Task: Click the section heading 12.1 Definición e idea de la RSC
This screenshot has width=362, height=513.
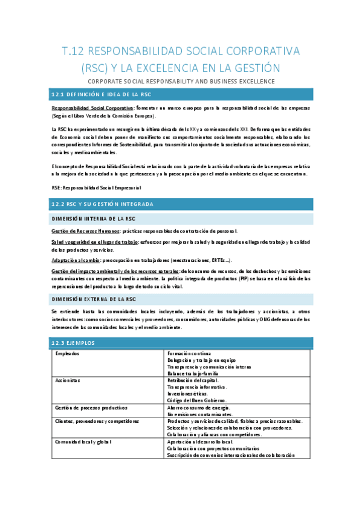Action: [102, 95]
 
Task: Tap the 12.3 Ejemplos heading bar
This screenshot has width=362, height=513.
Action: [73, 343]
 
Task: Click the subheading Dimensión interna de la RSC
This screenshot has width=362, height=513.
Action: [93, 218]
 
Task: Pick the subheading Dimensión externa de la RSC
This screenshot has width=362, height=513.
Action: [94, 299]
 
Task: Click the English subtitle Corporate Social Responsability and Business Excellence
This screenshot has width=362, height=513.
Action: [181, 82]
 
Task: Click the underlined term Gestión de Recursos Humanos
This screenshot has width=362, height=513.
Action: [85, 231]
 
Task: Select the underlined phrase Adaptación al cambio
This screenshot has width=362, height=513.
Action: [77, 260]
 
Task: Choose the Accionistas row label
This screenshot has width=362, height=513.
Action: [68, 381]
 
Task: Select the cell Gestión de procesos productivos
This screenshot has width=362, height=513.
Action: [91, 408]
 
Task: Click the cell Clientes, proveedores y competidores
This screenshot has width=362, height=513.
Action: [97, 421]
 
